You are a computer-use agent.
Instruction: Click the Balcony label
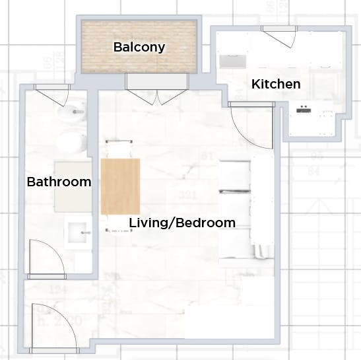pos(139,47)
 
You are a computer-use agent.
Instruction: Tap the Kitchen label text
pos(276,84)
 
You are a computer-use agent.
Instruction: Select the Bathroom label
pos(59,182)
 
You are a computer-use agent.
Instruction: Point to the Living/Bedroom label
pos(182,223)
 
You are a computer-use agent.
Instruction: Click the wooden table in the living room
pos(121,186)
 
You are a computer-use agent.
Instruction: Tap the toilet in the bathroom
pos(71,141)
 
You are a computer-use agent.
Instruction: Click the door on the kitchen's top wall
pos(279,36)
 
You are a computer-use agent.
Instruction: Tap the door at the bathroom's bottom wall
pos(46,258)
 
